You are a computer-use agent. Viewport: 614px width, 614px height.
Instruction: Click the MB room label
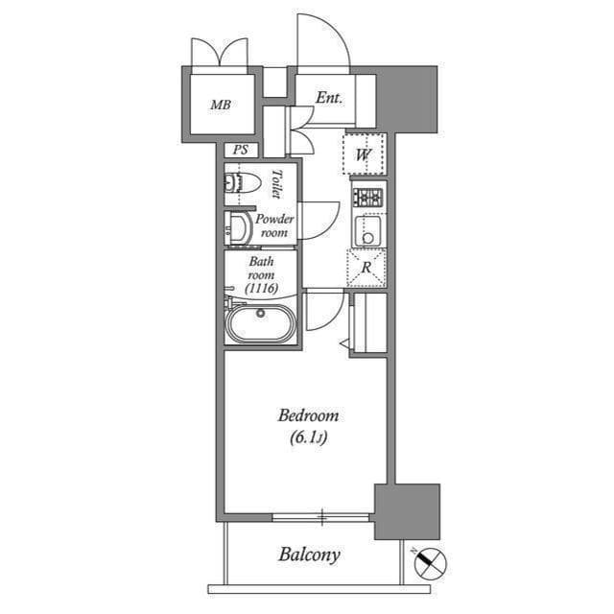tap(221, 105)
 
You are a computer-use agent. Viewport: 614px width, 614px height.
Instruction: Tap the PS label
tap(241, 150)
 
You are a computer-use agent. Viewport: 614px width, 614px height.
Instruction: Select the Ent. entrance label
tap(329, 98)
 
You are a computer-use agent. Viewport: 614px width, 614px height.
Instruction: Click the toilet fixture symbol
tap(243, 183)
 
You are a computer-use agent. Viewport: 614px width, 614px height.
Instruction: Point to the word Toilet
tap(277, 183)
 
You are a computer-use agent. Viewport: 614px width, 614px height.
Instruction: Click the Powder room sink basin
tap(238, 228)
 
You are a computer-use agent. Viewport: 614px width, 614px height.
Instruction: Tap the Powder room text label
tap(274, 225)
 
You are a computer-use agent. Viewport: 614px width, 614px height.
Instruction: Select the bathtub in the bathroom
tap(260, 323)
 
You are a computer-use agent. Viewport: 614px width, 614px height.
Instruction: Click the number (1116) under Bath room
tap(262, 288)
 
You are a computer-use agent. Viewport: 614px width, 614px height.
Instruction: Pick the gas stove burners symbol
tap(368, 198)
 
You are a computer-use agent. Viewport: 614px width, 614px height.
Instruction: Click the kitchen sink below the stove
tap(368, 230)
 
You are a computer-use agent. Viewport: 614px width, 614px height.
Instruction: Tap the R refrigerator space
tap(366, 268)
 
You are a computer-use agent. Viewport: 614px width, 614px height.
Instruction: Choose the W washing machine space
tap(364, 154)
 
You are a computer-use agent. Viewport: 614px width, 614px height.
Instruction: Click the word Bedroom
tap(308, 415)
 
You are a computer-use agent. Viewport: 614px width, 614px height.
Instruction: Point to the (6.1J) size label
tap(308, 437)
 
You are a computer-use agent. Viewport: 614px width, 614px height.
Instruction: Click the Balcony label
tap(309, 555)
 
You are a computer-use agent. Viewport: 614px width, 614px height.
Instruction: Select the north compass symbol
tap(430, 563)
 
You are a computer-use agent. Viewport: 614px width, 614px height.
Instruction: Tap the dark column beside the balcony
tap(407, 511)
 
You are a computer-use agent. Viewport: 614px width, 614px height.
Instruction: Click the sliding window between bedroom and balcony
tap(321, 518)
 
